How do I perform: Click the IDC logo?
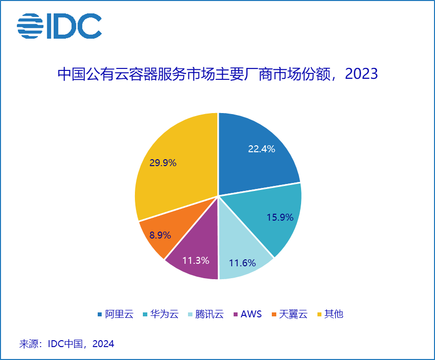coord(59,26)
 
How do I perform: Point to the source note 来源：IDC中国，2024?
coord(66,344)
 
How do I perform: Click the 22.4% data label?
coord(261,148)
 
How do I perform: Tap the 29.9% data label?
coord(163,162)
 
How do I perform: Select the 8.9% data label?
coord(160,235)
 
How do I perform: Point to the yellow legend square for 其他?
coord(319,314)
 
